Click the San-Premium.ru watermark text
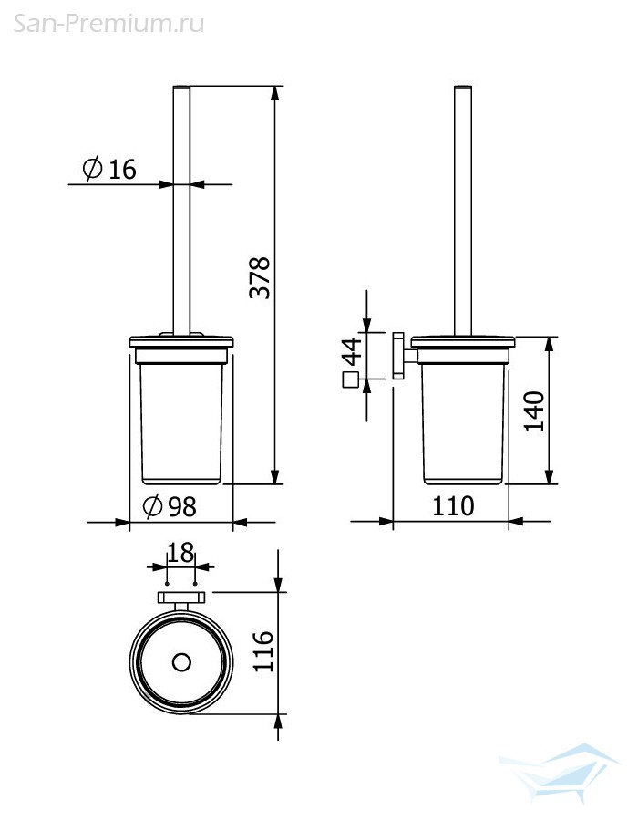point(108,24)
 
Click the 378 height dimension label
point(260,277)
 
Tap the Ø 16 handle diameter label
point(109,169)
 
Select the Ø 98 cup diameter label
point(170,506)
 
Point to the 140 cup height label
point(534,411)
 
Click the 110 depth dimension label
point(453,505)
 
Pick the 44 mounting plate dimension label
point(352,351)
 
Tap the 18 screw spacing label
point(180,553)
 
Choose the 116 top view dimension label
point(263,651)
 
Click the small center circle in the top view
point(181,662)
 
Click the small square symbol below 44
point(350,379)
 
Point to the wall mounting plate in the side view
point(398,356)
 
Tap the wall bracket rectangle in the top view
point(181,598)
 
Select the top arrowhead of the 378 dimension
point(275,93)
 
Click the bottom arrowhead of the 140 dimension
point(549,476)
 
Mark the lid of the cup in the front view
point(181,342)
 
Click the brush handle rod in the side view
point(463,211)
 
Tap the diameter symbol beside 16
point(93,169)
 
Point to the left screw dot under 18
point(167,583)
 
